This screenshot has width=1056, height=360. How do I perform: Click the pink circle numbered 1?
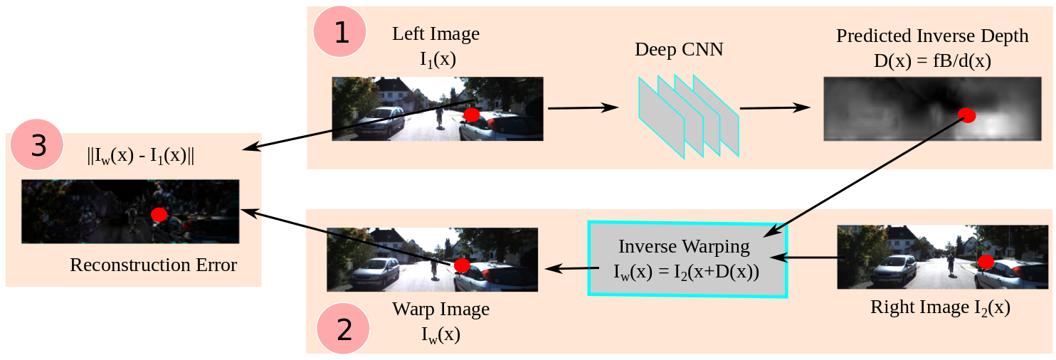coord(339,33)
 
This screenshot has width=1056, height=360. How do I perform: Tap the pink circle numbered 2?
coord(343,328)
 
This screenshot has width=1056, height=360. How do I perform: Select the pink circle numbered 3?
coord(37,146)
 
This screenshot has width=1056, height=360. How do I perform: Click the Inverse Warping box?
coord(687,258)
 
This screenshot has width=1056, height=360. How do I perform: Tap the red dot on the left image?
coord(471,115)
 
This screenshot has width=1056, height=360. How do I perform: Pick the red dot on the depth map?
coord(966,115)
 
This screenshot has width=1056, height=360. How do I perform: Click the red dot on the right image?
coord(986,262)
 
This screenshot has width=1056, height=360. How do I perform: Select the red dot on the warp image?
coord(462,265)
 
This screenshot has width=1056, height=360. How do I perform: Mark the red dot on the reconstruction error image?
coord(159,213)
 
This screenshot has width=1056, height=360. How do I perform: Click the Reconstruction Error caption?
coord(153,265)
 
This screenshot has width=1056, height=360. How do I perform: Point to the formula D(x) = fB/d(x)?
coord(932,61)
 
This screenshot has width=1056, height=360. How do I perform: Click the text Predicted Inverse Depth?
coord(932,36)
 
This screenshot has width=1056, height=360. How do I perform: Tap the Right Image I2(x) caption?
coord(940,307)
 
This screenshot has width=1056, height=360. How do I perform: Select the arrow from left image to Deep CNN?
coord(582,108)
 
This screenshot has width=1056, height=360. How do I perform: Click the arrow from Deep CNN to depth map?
coord(775,108)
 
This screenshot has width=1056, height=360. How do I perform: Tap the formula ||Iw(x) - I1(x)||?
coord(140,157)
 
